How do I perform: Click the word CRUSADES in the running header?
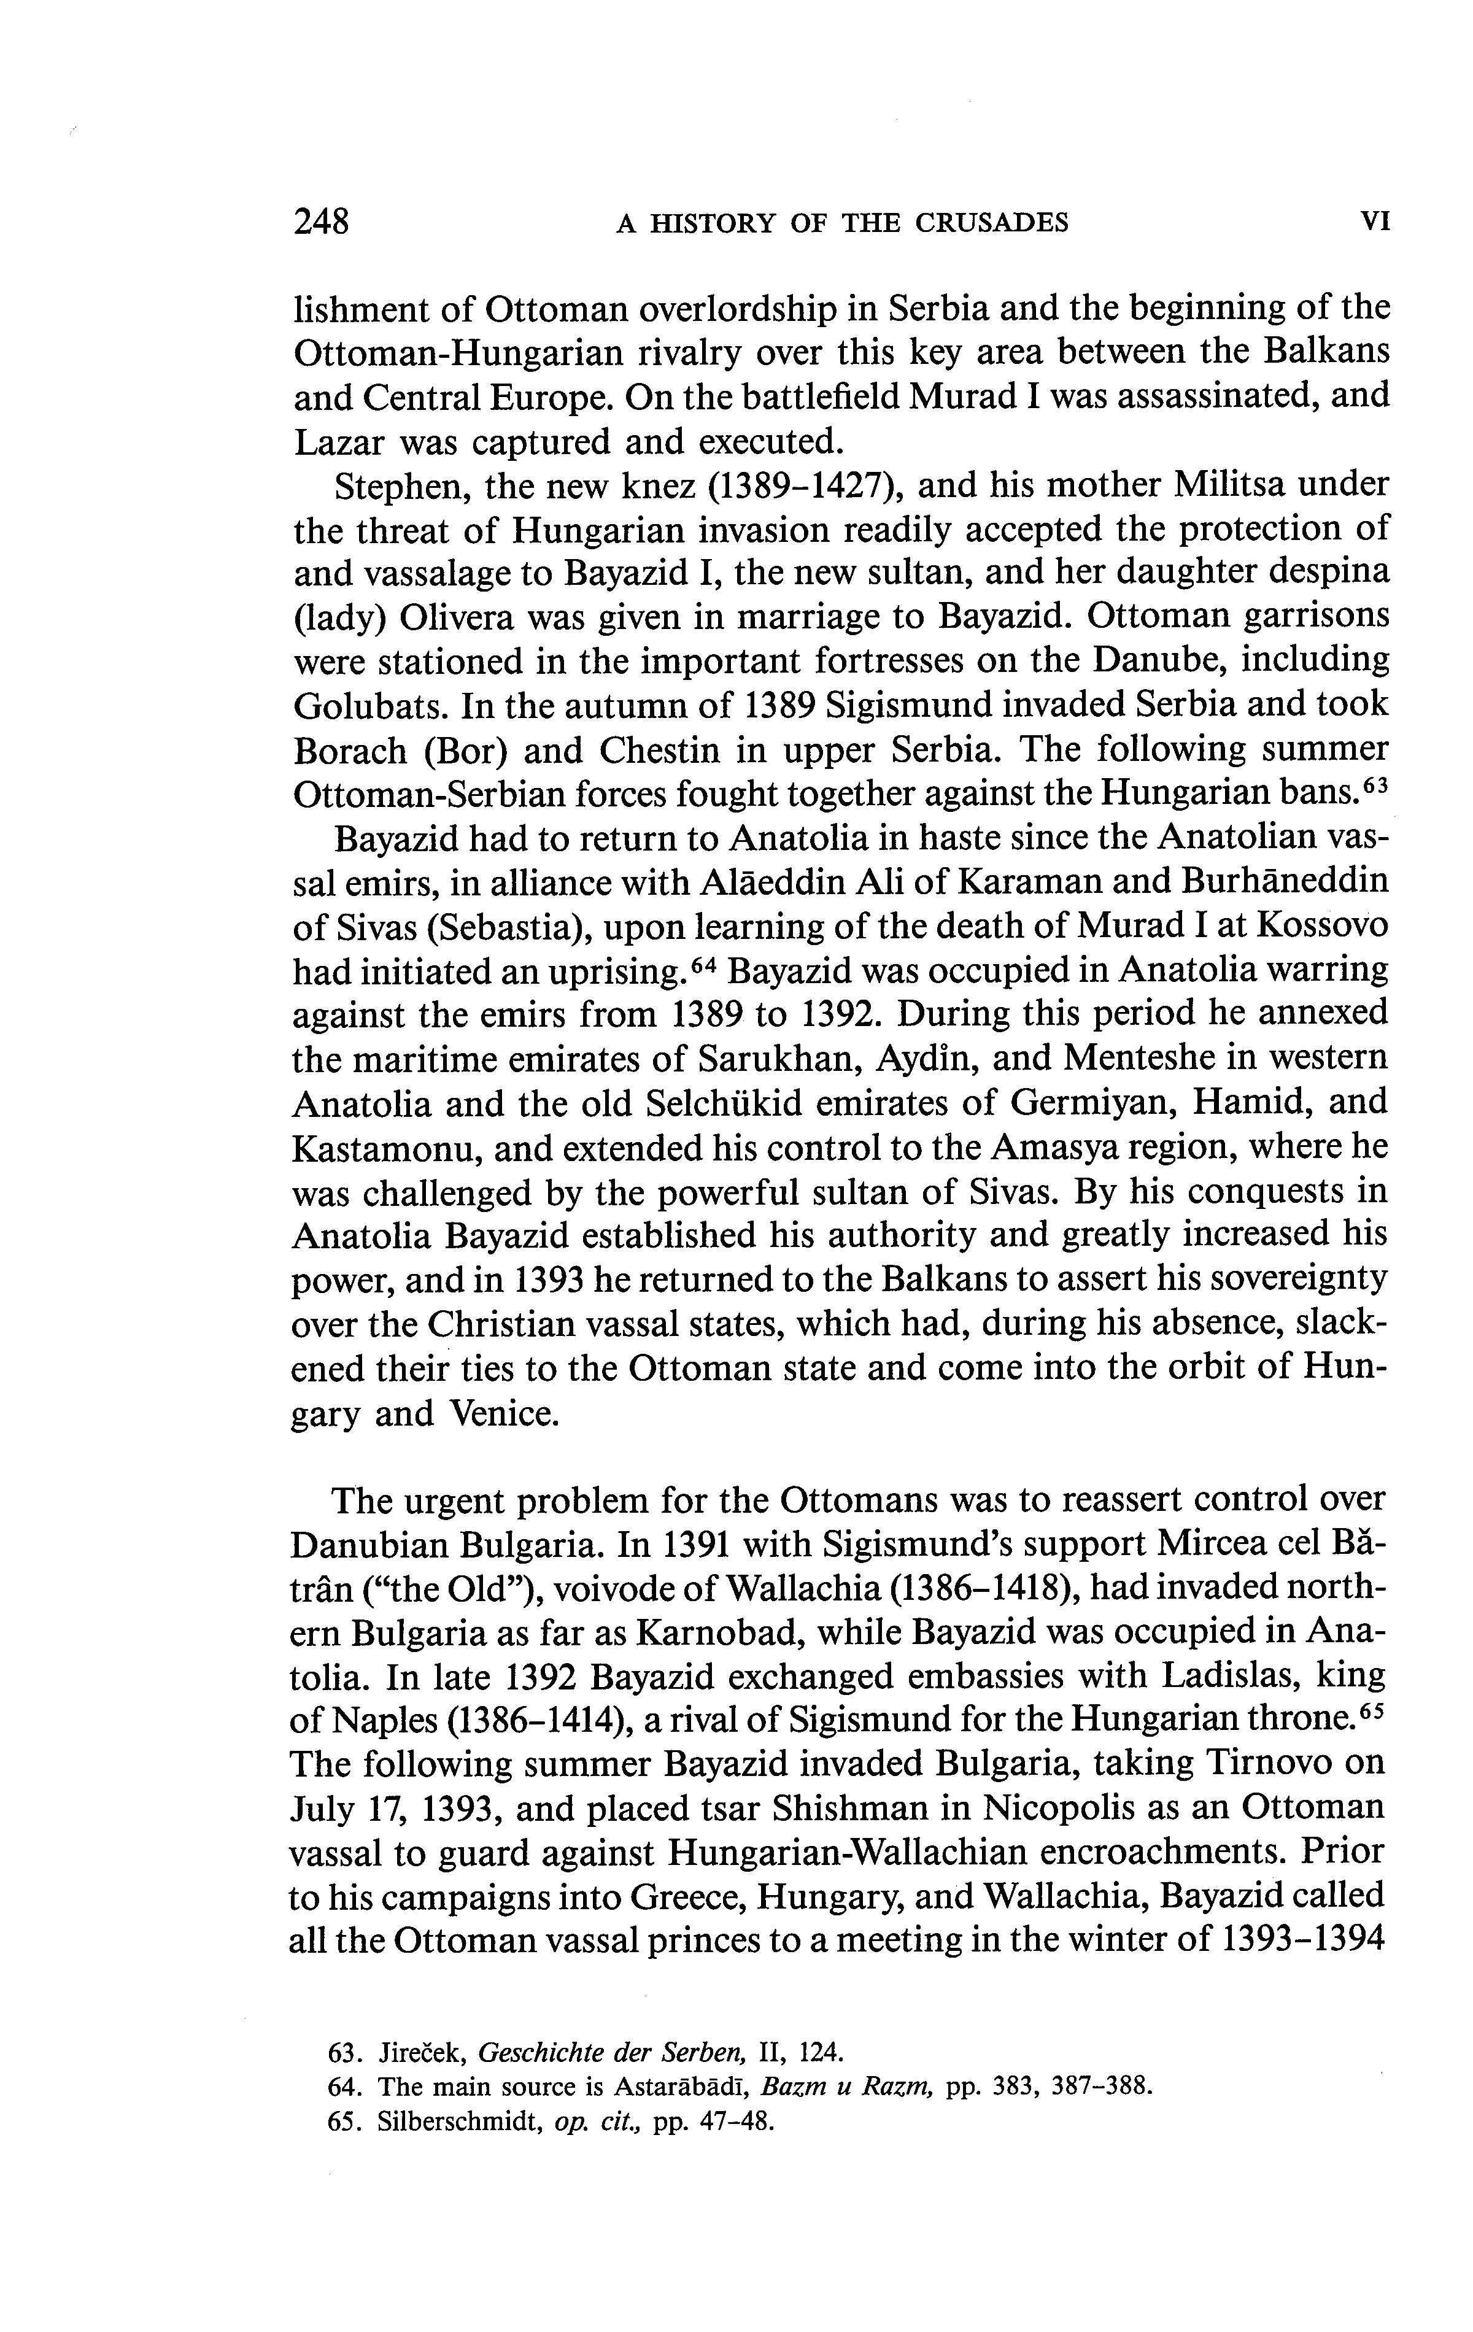coord(992,224)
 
